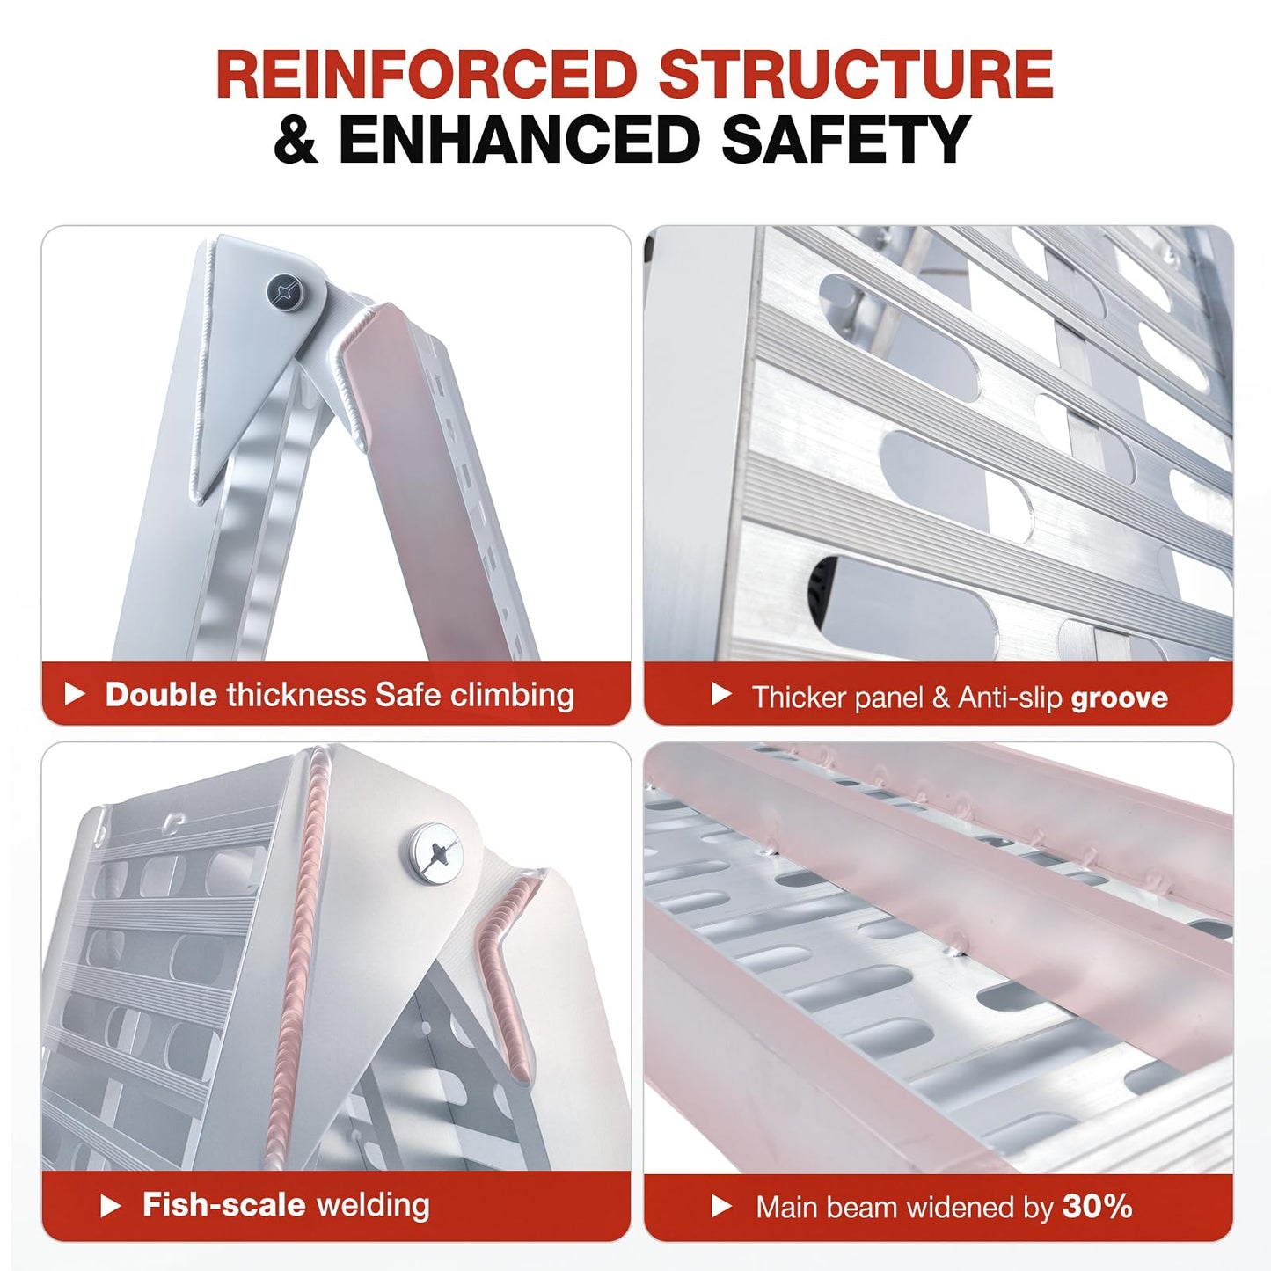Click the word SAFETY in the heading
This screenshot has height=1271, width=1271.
(x=846, y=139)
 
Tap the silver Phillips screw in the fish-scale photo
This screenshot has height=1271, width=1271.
(x=435, y=856)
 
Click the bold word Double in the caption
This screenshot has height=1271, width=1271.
(x=161, y=695)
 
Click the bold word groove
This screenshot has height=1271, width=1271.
(x=1120, y=698)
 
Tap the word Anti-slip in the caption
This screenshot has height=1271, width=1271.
(x=1010, y=697)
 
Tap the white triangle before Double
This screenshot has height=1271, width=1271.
(x=75, y=695)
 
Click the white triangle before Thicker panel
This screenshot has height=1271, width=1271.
(x=721, y=695)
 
